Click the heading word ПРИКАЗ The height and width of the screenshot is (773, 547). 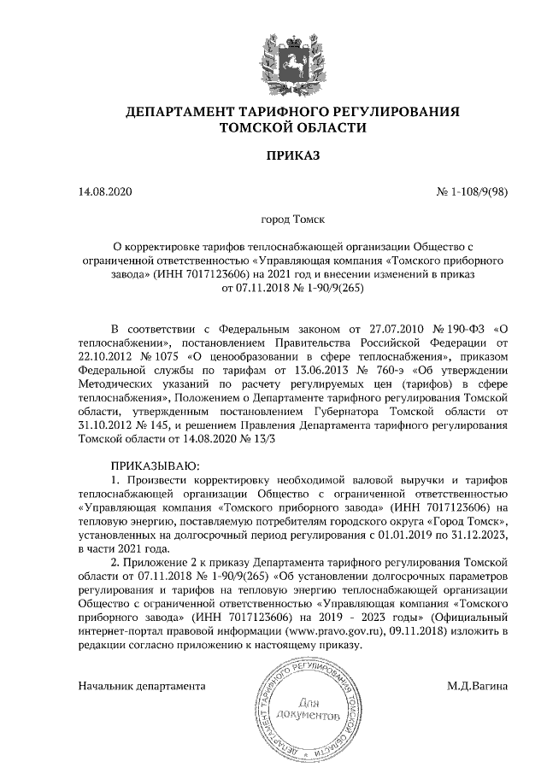[x=273, y=156]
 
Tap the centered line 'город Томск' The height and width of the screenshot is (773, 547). [x=273, y=220]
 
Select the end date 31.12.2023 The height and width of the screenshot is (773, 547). [x=478, y=535]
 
